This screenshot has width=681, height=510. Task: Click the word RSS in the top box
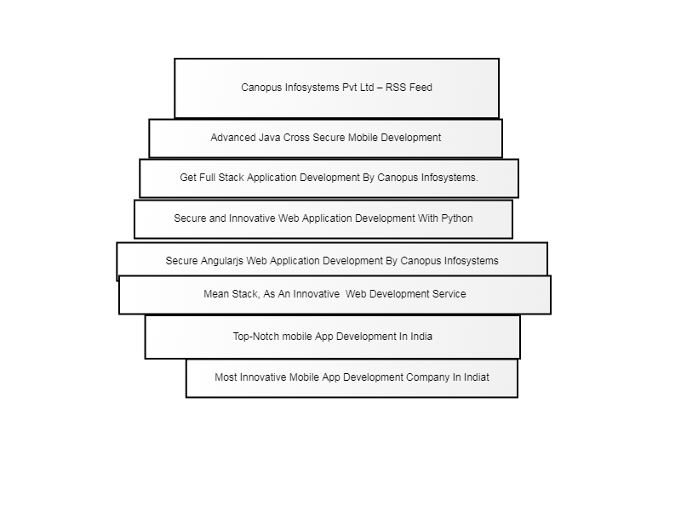(x=396, y=88)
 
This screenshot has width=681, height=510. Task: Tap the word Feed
(x=421, y=88)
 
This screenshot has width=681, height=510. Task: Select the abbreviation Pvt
(x=350, y=88)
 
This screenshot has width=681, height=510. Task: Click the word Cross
(x=296, y=138)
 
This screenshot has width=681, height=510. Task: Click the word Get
(x=188, y=178)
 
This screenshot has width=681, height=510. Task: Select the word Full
(x=207, y=178)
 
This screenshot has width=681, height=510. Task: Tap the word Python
(x=457, y=218)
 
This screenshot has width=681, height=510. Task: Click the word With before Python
(x=428, y=218)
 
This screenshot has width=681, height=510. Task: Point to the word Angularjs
(x=222, y=261)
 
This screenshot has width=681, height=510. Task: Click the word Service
(x=449, y=294)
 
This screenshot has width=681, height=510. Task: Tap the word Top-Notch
(x=256, y=337)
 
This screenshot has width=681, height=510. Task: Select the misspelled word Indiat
(x=477, y=377)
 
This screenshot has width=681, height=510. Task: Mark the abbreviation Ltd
(x=367, y=88)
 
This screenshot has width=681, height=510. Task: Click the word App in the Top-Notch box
(x=324, y=337)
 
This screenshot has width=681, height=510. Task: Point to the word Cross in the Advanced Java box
(x=296, y=138)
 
